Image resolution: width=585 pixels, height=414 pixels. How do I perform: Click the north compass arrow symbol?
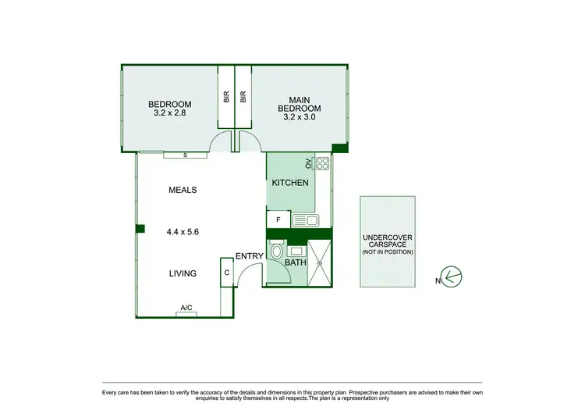(x=452, y=277)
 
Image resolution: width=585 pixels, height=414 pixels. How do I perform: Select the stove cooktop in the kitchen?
(x=321, y=164)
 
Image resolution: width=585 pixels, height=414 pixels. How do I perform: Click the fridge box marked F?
(x=278, y=221)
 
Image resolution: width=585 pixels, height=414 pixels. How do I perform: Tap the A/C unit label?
(x=186, y=309)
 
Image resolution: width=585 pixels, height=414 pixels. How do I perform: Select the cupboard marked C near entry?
(x=226, y=273)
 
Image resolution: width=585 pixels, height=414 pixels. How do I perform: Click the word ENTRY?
(x=249, y=256)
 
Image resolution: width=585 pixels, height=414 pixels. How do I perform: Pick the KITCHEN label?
(x=289, y=183)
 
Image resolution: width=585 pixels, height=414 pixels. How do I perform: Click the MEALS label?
(x=182, y=190)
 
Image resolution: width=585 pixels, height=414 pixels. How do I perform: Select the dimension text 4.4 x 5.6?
(x=182, y=231)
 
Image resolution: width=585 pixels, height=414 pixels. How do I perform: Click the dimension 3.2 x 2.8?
(x=169, y=113)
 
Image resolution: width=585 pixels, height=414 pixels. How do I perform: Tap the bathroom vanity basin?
(x=296, y=252)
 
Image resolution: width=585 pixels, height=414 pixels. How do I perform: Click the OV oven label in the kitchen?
(x=308, y=164)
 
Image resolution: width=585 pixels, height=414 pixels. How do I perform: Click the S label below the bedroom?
(x=185, y=155)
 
